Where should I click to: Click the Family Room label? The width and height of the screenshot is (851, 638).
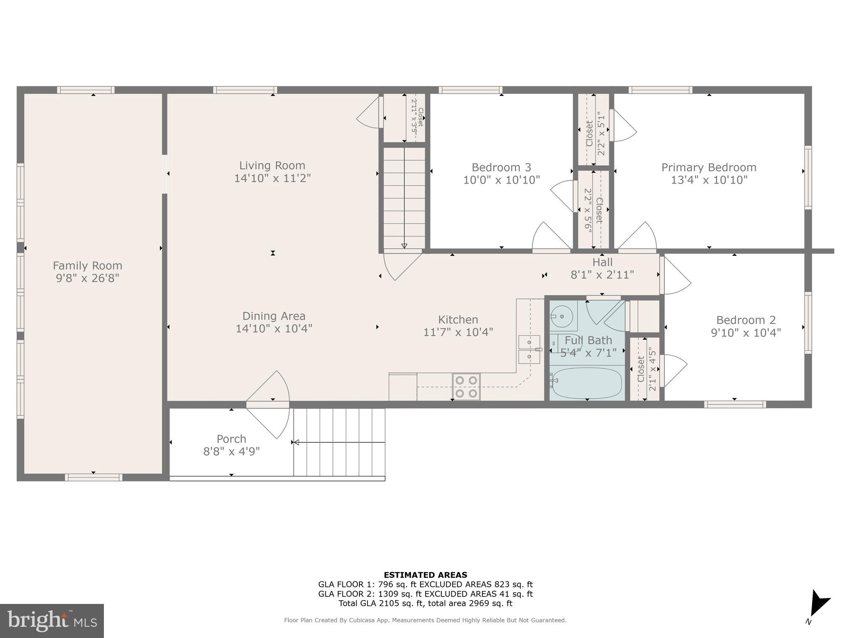87,265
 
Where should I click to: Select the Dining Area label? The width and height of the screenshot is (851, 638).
273,316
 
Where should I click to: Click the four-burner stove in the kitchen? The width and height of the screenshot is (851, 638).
466,387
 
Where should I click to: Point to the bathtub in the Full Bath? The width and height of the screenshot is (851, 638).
587,383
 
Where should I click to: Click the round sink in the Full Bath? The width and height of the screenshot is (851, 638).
562,317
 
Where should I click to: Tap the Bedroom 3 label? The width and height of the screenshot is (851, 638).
501,167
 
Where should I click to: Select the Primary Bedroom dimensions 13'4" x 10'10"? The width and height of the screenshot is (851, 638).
709,180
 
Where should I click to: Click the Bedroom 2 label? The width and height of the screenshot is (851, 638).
746,320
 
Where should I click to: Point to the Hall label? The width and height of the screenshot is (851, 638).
602,262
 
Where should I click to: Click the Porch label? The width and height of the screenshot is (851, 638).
231,439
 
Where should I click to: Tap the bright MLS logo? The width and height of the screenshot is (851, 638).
52,621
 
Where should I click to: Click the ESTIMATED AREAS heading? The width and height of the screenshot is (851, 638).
425,575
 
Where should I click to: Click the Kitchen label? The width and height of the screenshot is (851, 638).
458,319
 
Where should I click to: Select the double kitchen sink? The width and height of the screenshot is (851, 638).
529,349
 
